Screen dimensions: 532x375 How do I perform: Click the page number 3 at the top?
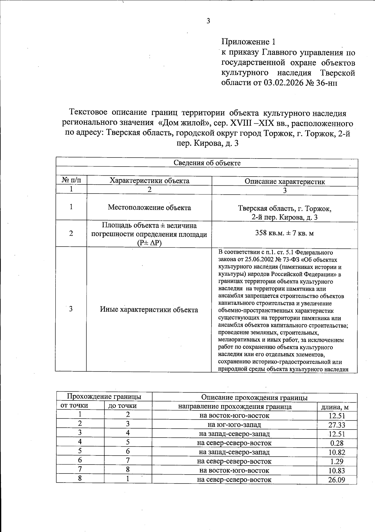pyautogui.click(x=208, y=21)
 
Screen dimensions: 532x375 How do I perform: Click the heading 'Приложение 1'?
pyautogui.click(x=249, y=42)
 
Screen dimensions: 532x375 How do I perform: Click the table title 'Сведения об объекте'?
pyautogui.click(x=207, y=163)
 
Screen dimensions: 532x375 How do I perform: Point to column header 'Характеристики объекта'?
pyautogui.click(x=149, y=181)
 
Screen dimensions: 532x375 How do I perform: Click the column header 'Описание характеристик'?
pyautogui.click(x=285, y=182)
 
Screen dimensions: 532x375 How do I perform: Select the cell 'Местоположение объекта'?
pyautogui.click(x=149, y=208)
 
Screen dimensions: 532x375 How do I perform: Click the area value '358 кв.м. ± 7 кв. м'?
pyautogui.click(x=284, y=233)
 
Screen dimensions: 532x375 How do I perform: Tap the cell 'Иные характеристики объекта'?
pyautogui.click(x=149, y=310)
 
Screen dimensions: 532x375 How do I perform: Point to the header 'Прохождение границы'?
pyautogui.click(x=104, y=397)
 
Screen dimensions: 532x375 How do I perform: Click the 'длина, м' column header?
pyautogui.click(x=337, y=407)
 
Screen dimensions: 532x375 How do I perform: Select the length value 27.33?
pyautogui.click(x=337, y=425)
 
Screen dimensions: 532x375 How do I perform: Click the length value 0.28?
pyautogui.click(x=337, y=443)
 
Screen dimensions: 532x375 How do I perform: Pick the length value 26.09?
pyautogui.click(x=337, y=479)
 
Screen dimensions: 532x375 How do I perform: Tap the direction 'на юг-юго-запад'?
pyautogui.click(x=234, y=425)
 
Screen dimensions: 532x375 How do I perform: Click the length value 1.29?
pyautogui.click(x=337, y=461)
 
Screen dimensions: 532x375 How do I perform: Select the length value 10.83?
pyautogui.click(x=337, y=470)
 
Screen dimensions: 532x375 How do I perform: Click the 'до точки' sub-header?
pyautogui.click(x=122, y=406)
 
